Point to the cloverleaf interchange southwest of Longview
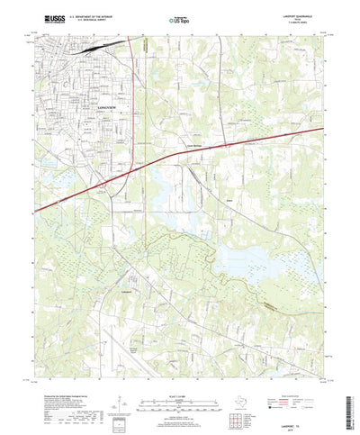tap(106, 185)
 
